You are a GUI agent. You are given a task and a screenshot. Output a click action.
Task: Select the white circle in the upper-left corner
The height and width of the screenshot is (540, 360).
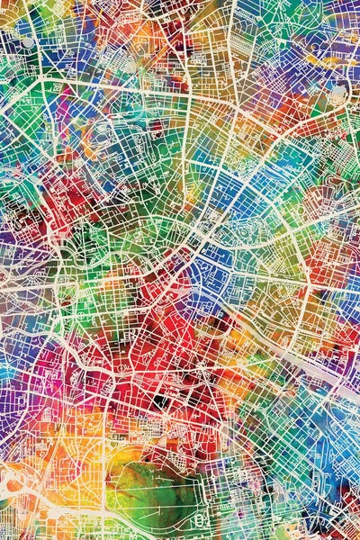(x=28, y=41)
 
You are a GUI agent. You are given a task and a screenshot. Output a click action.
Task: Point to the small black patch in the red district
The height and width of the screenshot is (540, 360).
(x=159, y=401)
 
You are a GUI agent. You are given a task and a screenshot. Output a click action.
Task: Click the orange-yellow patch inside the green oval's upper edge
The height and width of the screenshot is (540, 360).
(x=148, y=450)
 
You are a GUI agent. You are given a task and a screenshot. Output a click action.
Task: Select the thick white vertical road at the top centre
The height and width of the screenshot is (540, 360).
(x=232, y=36)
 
